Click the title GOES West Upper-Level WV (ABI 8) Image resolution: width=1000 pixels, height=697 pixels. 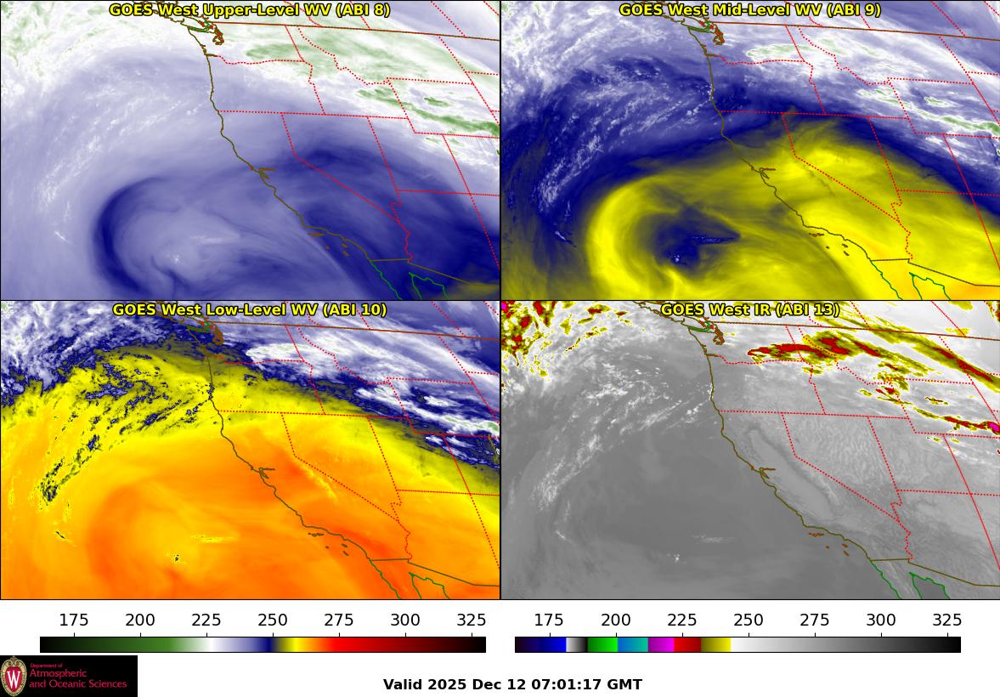pyautogui.click(x=250, y=10)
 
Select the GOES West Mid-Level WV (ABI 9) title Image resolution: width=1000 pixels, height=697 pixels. pyautogui.click(x=749, y=10)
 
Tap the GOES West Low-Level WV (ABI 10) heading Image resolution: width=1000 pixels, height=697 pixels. pyautogui.click(x=250, y=310)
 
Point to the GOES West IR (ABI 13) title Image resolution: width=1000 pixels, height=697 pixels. pyautogui.click(x=749, y=310)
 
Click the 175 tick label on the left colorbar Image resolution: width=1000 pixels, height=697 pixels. pyautogui.click(x=74, y=620)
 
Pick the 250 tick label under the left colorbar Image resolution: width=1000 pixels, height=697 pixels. pyautogui.click(x=273, y=620)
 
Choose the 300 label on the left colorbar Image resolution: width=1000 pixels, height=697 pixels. pyautogui.click(x=405, y=620)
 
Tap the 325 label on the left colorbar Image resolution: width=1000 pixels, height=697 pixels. pyautogui.click(x=472, y=620)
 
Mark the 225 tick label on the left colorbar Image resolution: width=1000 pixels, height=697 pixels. pyautogui.click(x=206, y=620)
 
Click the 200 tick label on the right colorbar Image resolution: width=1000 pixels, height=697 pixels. pyautogui.click(x=615, y=620)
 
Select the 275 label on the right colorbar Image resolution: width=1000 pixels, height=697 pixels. pyautogui.click(x=814, y=620)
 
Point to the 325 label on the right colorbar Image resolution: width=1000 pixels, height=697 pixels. pyautogui.click(x=946, y=620)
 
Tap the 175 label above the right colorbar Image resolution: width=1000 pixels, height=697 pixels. pyautogui.click(x=549, y=620)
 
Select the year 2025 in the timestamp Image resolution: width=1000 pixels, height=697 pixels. pyautogui.click(x=446, y=684)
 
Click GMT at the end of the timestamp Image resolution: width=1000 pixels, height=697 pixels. pyautogui.click(x=624, y=684)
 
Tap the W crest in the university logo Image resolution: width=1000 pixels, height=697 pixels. pyautogui.click(x=14, y=677)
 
